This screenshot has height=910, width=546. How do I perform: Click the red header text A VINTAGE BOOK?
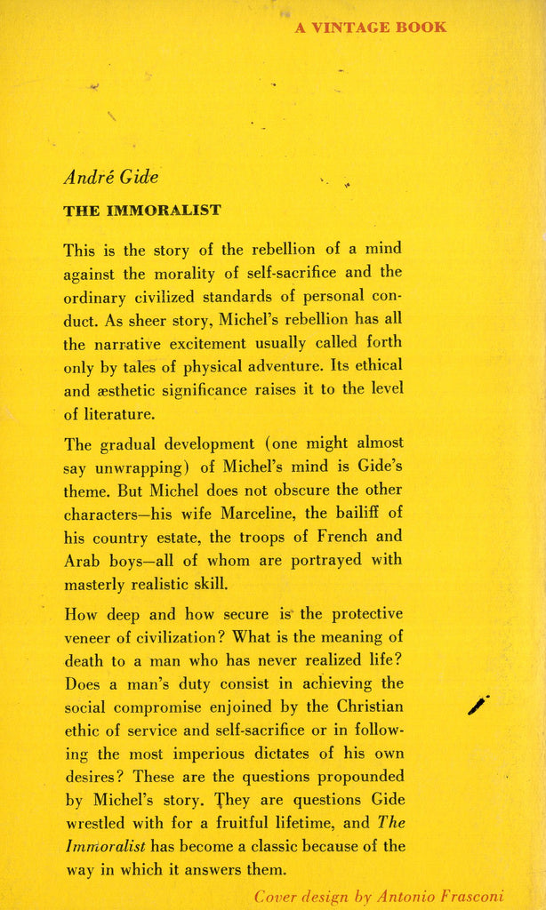[x=371, y=28]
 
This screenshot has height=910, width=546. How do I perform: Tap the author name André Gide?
[x=110, y=177]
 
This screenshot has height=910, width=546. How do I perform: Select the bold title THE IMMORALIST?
[x=142, y=211]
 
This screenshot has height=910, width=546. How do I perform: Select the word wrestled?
[x=96, y=824]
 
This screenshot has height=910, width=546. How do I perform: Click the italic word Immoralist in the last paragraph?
[x=103, y=847]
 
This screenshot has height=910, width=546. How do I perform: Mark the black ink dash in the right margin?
[x=478, y=706]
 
